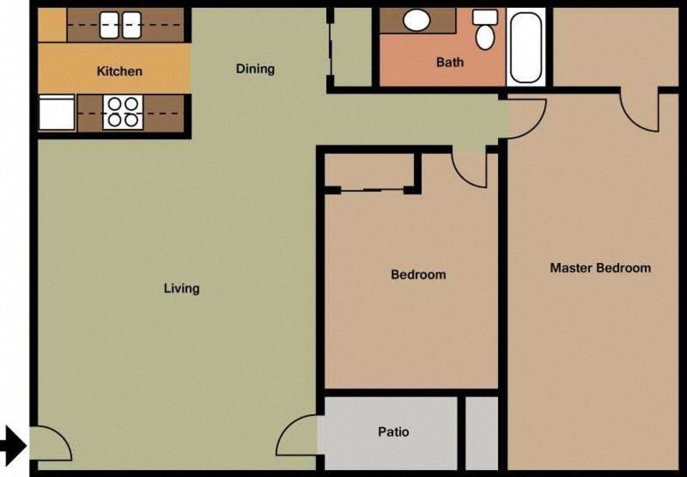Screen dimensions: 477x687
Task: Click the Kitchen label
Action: (119, 71)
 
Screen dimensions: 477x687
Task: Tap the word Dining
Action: (255, 69)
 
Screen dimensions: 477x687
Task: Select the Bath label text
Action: (450, 62)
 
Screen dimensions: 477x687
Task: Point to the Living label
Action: (181, 288)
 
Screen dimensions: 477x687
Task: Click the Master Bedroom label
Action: (600, 268)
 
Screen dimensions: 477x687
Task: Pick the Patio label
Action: (393, 432)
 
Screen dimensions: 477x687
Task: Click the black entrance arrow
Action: (12, 444)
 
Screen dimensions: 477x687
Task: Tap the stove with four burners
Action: (122, 112)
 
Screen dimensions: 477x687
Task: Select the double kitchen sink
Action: (120, 25)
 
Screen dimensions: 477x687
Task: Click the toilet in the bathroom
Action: (485, 30)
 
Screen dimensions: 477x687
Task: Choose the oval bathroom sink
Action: (415, 20)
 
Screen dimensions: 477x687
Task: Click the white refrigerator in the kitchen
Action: (56, 112)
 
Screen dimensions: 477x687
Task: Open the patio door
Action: (299, 437)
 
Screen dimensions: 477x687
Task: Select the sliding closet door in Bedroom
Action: (372, 188)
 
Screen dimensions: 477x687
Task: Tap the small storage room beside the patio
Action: (481, 433)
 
